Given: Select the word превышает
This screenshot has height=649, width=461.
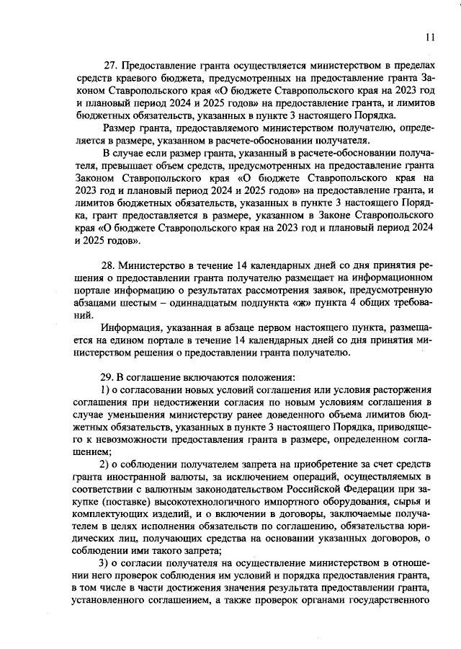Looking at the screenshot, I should (105, 164).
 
